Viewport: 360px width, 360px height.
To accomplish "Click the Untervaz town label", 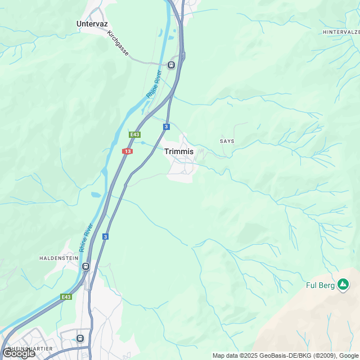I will pyautogui.click(x=92, y=24).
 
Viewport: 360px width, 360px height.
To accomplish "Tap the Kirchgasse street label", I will pyautogui.click(x=118, y=43).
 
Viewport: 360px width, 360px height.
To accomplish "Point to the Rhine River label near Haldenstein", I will pyautogui.click(x=86, y=237).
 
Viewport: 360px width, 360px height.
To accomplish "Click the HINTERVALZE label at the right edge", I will pyautogui.click(x=341, y=33).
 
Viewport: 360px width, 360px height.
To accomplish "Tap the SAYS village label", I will pyautogui.click(x=227, y=141).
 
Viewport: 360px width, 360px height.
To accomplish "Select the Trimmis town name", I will pyautogui.click(x=179, y=151).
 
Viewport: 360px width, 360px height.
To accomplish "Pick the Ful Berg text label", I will pyautogui.click(x=320, y=285).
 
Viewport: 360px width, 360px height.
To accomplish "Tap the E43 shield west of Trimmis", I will pyautogui.click(x=134, y=134).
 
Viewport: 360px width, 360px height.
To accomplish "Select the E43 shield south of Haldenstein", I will pyautogui.click(x=66, y=296).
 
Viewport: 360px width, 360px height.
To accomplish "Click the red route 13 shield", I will pyautogui.click(x=128, y=151).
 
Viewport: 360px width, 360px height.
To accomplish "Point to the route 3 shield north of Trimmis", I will pyautogui.click(x=166, y=127).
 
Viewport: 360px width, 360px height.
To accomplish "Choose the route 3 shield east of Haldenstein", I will pyautogui.click(x=105, y=236).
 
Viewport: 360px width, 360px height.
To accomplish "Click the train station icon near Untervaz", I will pyautogui.click(x=171, y=65).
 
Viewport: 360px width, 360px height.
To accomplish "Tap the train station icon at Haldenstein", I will pyautogui.click(x=85, y=266).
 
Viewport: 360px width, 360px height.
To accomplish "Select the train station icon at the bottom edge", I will pyautogui.click(x=80, y=337).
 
